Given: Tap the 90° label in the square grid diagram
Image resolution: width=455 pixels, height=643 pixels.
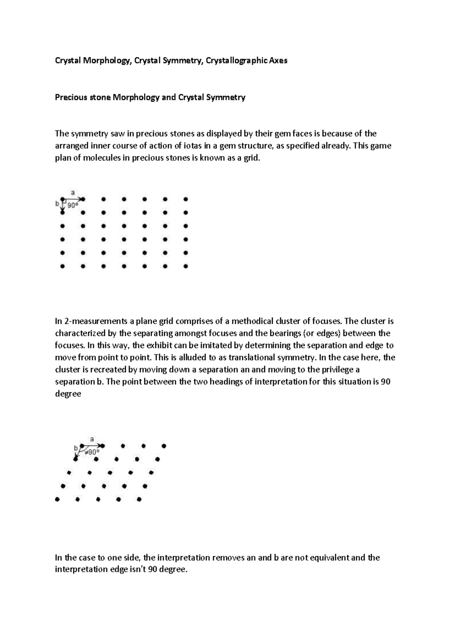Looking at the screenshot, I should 73,205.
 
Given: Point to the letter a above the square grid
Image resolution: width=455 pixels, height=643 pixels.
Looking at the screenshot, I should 73,192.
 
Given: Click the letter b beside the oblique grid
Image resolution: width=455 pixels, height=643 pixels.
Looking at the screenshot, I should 76,448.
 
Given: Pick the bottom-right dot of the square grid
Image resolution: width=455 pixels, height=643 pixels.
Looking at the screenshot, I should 185,267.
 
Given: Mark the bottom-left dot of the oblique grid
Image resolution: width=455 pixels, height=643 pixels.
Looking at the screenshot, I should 57,500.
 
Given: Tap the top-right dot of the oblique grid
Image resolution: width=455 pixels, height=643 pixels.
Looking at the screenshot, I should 164,446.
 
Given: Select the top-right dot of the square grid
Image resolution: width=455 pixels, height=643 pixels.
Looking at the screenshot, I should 185,199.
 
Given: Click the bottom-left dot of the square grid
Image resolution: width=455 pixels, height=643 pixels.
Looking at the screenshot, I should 63,267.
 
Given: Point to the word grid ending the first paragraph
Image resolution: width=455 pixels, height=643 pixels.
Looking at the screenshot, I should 252,158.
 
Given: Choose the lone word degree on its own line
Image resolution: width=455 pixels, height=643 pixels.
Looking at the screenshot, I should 68,394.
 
